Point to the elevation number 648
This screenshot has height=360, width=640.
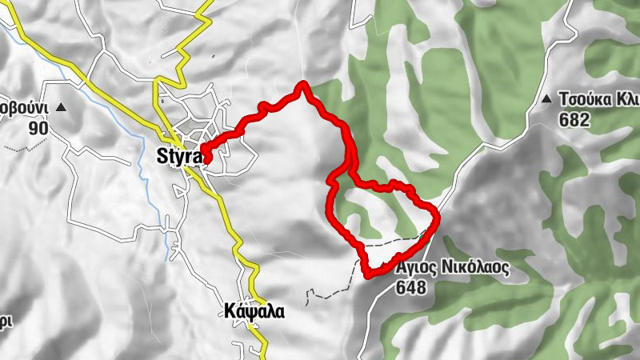click(x=410, y=287)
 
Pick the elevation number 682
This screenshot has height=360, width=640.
click(x=574, y=120)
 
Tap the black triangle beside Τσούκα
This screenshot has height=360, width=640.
click(x=546, y=100)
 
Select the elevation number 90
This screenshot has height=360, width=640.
click(x=38, y=128)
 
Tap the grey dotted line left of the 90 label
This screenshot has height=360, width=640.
click(x=12, y=149)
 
